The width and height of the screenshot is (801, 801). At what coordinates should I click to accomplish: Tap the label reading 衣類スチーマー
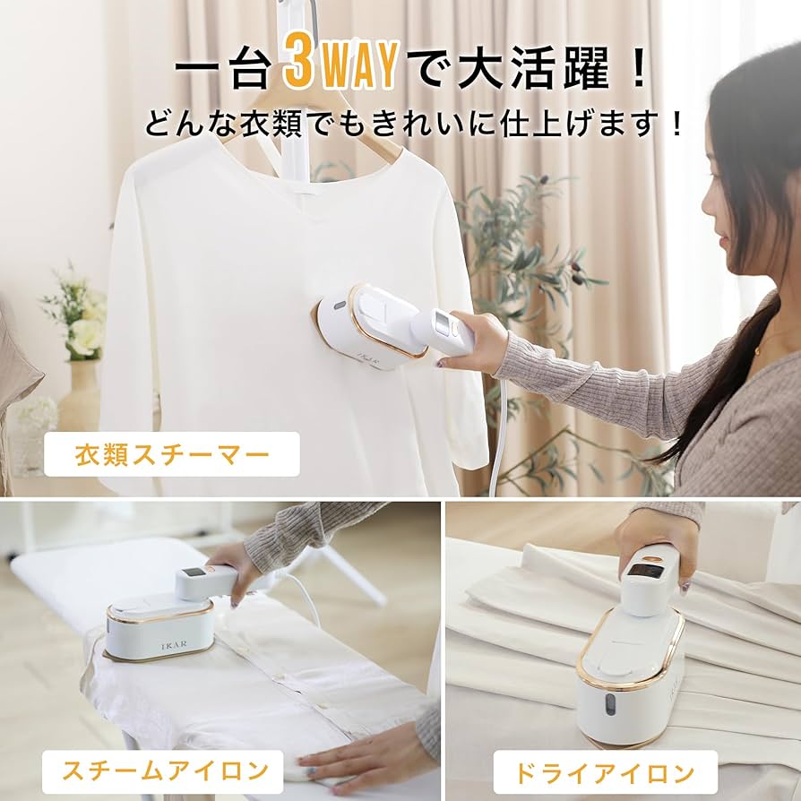tap(171, 454)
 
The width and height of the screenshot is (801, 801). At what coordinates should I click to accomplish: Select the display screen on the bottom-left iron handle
tap(192, 574)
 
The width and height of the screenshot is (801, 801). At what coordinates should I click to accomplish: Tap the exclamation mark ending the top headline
tap(638, 70)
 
